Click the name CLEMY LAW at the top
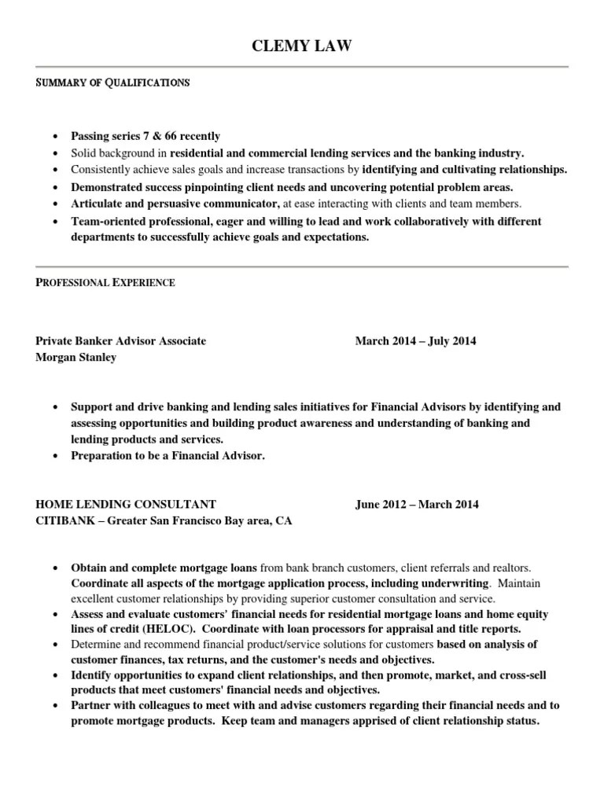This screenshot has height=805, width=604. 301,48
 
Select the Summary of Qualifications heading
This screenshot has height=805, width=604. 112,82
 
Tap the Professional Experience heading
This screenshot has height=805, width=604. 105,282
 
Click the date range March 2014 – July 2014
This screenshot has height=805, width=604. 415,341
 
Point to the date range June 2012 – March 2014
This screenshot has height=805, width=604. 416,505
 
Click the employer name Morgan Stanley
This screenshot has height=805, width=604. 76,358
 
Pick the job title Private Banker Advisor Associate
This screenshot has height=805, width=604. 121,341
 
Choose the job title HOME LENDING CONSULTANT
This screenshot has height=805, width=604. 126,505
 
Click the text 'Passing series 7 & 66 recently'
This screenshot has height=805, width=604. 145,136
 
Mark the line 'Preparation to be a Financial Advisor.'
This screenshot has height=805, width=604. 168,456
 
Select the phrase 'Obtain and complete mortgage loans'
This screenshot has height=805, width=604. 164,567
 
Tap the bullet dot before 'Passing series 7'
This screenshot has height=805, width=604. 54,137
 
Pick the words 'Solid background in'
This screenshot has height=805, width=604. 120,153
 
